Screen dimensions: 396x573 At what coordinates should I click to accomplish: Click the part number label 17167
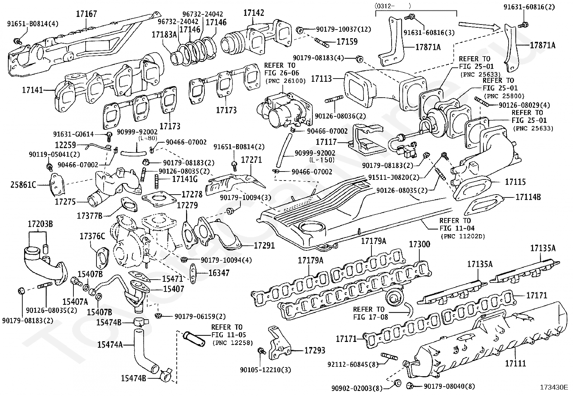86,14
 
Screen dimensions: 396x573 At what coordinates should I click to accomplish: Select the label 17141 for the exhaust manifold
33,89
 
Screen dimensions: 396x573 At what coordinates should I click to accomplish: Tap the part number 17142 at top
253,13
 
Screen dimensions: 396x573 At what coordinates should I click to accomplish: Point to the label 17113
321,78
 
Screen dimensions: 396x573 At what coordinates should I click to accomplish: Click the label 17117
326,142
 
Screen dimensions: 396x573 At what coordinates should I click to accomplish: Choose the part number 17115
515,182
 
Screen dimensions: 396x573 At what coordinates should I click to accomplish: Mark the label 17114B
528,197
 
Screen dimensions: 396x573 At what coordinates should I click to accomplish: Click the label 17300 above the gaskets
419,244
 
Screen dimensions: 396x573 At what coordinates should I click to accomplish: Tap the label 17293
315,350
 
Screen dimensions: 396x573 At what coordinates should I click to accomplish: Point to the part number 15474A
110,345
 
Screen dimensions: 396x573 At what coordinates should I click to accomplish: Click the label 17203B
40,224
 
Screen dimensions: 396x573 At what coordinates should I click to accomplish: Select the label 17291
264,245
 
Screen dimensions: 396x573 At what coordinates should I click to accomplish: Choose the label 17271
251,160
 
